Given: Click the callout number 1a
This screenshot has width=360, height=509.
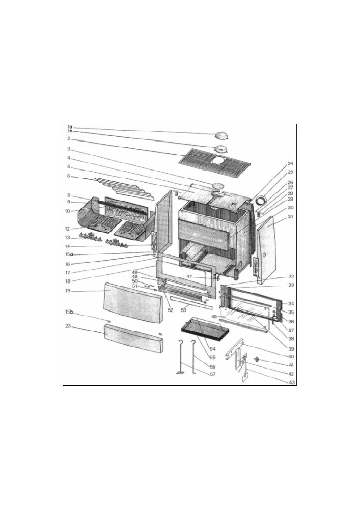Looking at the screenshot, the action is [x=69, y=127].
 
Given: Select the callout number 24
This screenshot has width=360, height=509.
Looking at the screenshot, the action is [x=290, y=164].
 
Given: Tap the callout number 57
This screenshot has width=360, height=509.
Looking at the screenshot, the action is [x=212, y=374].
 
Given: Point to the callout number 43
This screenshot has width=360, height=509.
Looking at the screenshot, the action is [x=292, y=382].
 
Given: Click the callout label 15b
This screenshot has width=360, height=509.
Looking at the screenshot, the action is [x=69, y=312].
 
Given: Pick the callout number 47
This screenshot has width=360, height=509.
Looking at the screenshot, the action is [x=189, y=277].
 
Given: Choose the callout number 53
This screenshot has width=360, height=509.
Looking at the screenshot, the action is [x=183, y=310].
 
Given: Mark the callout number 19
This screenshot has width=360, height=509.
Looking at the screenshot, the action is [x=68, y=291].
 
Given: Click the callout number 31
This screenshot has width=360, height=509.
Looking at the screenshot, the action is [x=290, y=216].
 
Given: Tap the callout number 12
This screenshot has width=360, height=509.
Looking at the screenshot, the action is [x=68, y=229].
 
